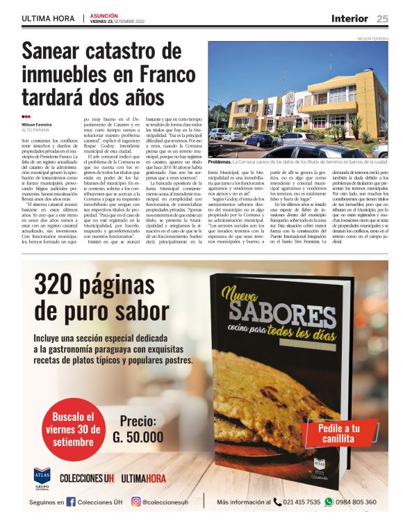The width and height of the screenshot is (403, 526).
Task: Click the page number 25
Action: coord(382,19)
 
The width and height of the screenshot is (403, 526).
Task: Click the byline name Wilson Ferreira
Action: coord(36,124)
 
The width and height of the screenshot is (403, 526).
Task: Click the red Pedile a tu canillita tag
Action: coord(339,433)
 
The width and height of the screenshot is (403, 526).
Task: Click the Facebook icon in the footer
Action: coord(71,502)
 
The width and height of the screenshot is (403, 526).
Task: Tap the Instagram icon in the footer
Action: coord(136,502)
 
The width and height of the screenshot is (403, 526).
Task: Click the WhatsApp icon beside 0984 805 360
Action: coord(329,502)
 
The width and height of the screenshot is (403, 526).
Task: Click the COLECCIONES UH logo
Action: coord(86,479)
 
